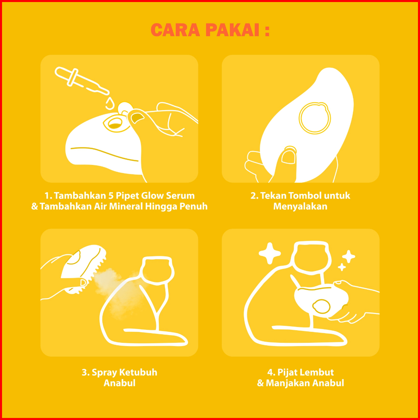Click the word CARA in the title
pos(175,30)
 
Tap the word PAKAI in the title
pos(233,30)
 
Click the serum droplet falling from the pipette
pos(110,104)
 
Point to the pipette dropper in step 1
pos(82,81)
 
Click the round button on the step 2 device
pos(315,118)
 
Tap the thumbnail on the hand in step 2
pos(288,157)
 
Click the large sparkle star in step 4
pos(270,253)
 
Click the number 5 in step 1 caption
pos(110,196)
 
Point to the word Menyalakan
pos(300,206)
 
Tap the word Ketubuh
pos(139,372)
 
